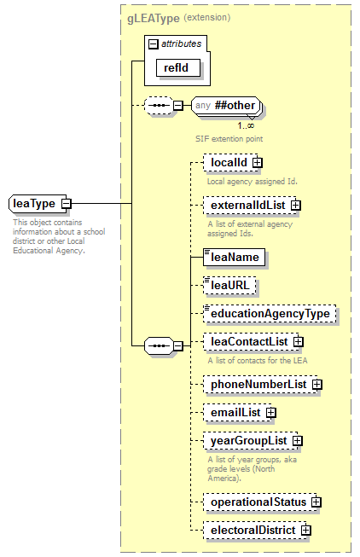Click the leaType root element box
click(34, 204)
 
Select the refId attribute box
click(171, 66)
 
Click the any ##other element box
click(226, 106)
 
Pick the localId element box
click(228, 162)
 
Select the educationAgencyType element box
click(269, 314)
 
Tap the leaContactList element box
click(248, 342)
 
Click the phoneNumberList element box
click(257, 385)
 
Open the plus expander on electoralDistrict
click(305, 531)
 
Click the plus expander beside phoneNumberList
click(316, 385)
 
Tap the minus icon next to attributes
click(153, 44)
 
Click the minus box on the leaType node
click(65, 204)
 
